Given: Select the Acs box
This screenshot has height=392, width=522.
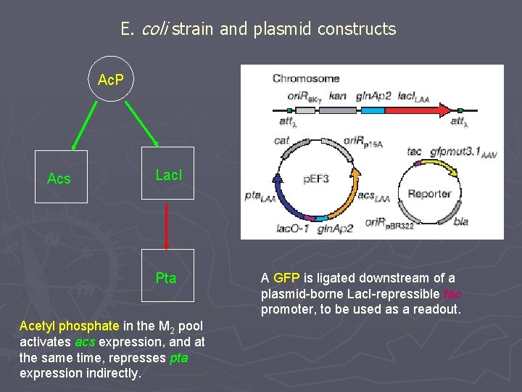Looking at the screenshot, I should point(60,177).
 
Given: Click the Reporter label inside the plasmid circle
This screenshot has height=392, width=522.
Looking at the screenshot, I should point(429,194).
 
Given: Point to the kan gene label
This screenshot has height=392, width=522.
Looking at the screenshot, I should point(337,94).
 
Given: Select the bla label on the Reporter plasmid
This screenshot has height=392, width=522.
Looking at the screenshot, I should point(461,221).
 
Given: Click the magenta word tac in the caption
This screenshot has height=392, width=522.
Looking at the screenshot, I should point(451,294).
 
